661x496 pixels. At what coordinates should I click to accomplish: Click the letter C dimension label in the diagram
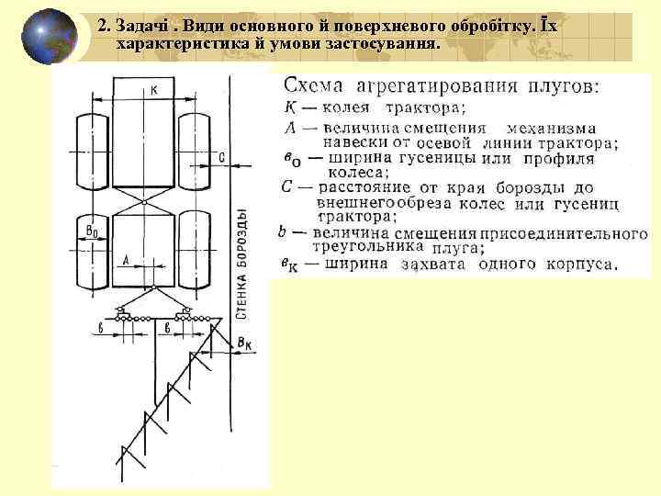tap(222, 157)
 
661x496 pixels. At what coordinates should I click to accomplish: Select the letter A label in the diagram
tap(125, 260)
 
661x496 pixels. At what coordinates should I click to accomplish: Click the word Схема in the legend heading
tap(314, 86)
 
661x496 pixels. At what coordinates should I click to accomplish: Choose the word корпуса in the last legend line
tap(578, 265)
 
